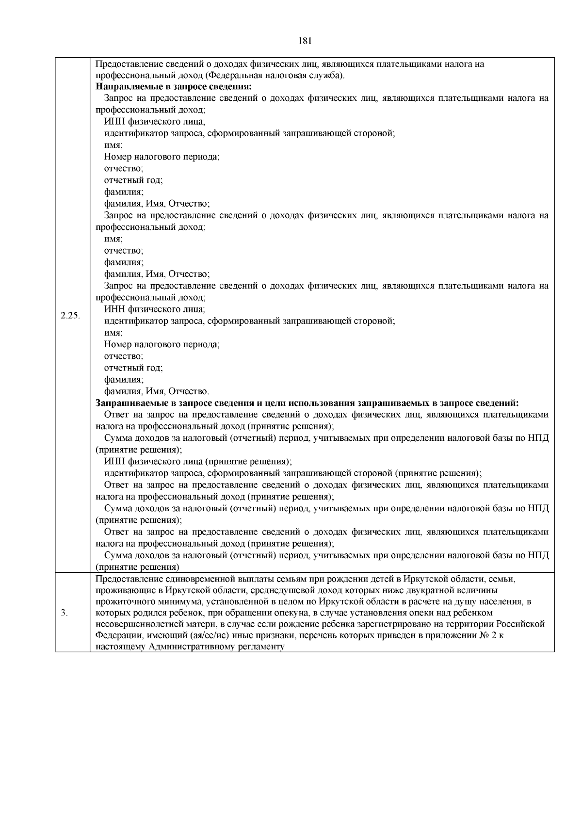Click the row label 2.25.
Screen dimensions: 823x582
[70, 316]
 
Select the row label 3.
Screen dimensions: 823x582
[64, 613]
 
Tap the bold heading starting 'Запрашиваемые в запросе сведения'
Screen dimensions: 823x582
[307, 403]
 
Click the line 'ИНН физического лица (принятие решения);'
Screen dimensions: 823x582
[198, 462]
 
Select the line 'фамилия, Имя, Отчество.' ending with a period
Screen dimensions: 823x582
[157, 391]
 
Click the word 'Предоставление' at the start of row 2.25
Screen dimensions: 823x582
[124, 64]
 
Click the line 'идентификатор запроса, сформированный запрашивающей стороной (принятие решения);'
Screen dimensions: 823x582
[292, 473]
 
